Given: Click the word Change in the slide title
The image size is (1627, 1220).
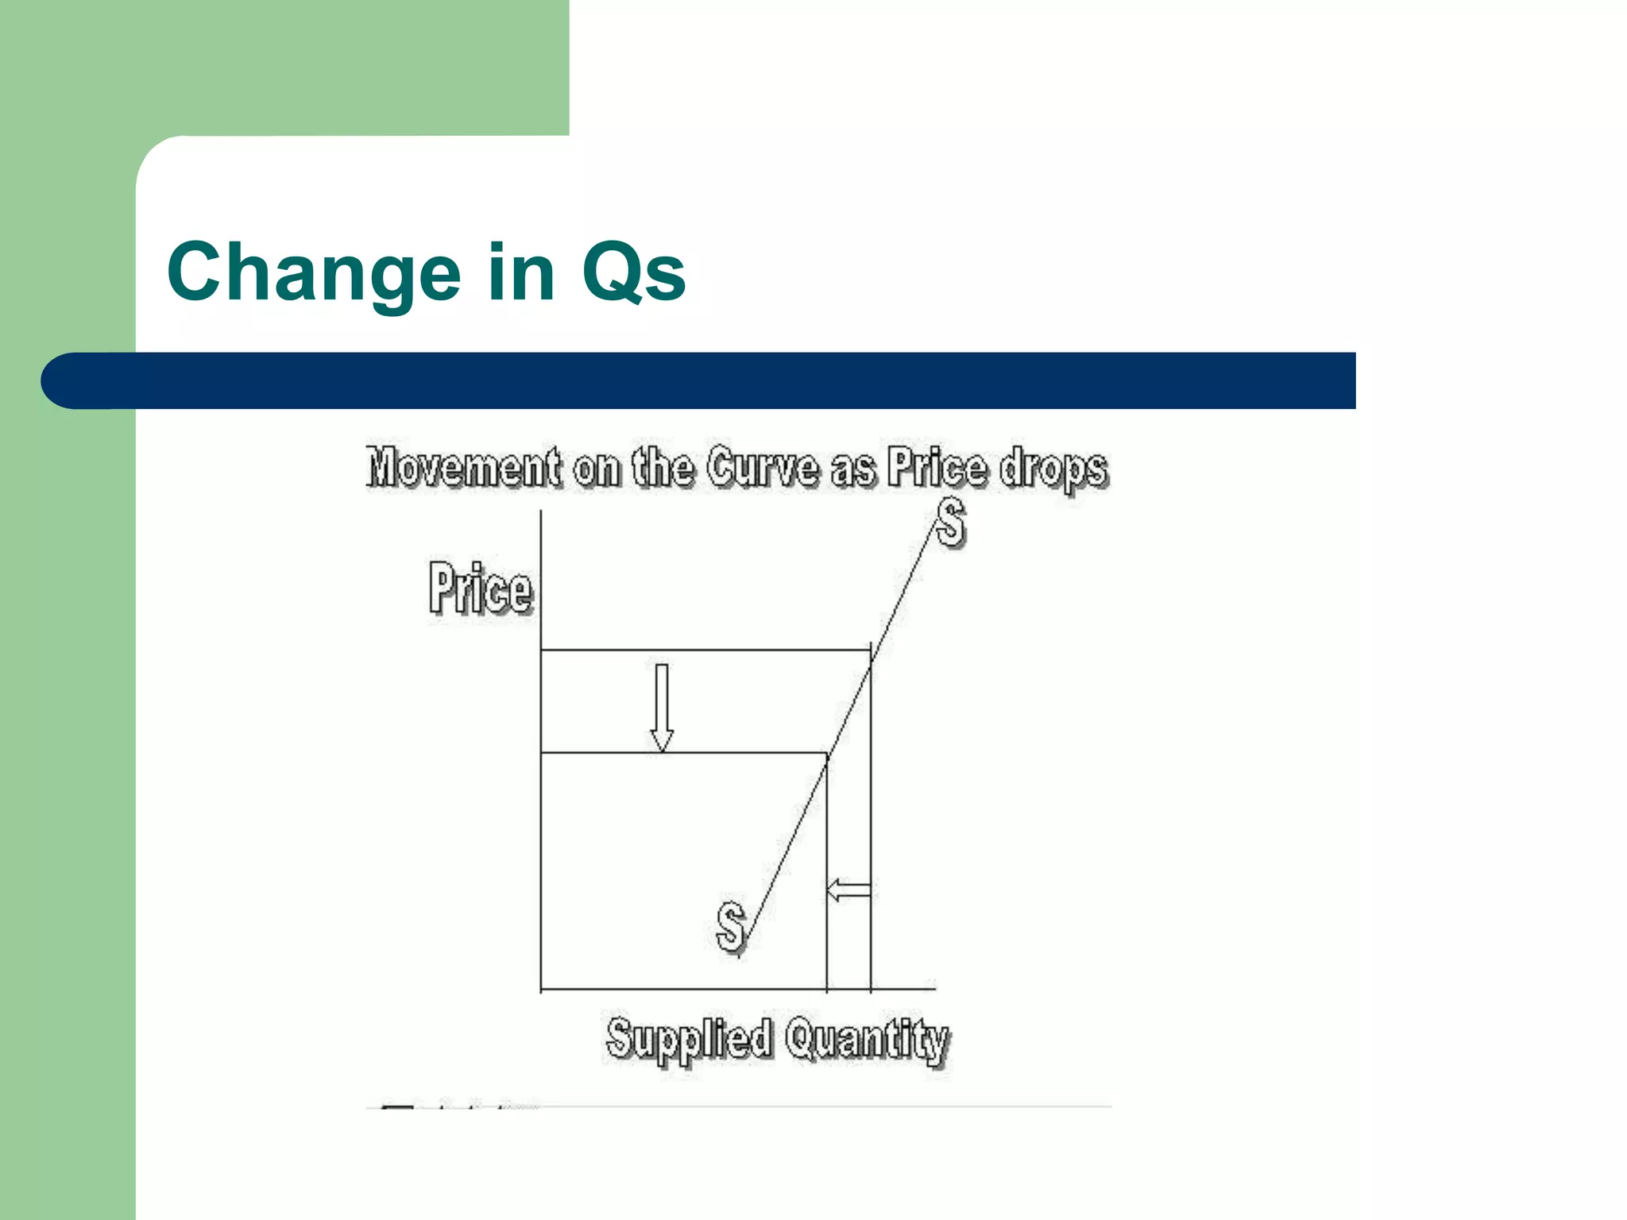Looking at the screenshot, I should [314, 272].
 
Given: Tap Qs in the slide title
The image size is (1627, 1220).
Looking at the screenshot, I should [633, 272].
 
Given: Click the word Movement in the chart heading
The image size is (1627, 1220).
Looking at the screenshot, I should [464, 467].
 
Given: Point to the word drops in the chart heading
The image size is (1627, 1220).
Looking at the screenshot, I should [1053, 469].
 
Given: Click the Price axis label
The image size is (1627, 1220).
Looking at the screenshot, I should [481, 589].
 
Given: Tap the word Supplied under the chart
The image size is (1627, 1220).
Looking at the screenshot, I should [688, 1039].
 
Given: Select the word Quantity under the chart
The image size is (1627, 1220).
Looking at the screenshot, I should [868, 1040].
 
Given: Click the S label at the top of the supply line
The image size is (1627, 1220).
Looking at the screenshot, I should [950, 523].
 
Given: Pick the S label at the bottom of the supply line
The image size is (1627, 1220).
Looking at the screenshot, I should [731, 926].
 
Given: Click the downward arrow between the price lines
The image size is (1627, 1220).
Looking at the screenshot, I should [662, 707].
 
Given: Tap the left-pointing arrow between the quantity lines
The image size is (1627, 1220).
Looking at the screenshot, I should [849, 890].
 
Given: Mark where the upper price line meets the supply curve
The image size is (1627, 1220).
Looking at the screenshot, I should [871, 651].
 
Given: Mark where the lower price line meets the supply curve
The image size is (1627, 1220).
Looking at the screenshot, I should [827, 753].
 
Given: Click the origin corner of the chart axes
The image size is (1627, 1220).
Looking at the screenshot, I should [541, 990].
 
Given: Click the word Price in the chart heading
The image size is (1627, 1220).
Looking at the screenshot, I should [937, 467].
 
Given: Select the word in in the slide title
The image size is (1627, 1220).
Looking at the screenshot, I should [521, 272].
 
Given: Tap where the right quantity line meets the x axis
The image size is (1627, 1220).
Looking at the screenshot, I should [871, 990].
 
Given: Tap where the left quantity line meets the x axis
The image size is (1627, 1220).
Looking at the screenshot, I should [827, 990].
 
